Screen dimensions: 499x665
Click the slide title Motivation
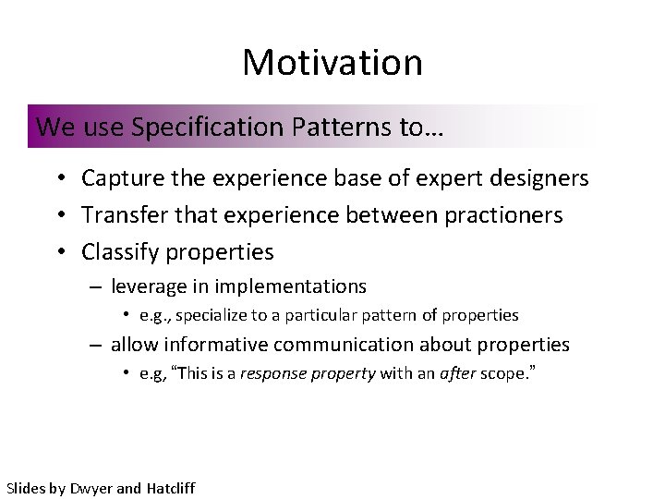(332, 62)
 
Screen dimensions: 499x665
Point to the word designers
(542, 177)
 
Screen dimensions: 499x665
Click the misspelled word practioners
(516, 215)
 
